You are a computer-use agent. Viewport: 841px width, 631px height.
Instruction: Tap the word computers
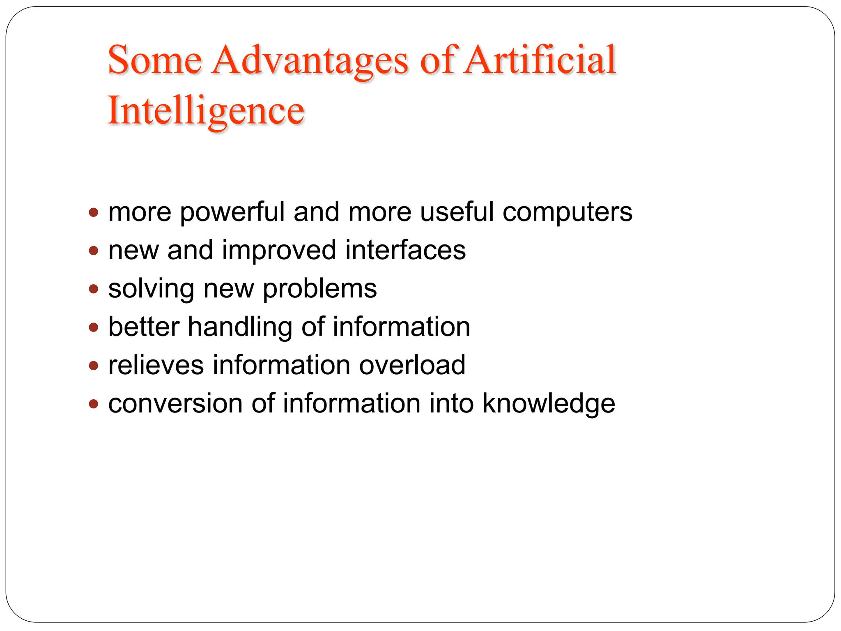[x=568, y=213]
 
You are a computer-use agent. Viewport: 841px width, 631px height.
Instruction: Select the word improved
[x=279, y=251]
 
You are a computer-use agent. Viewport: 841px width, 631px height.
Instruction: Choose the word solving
[x=151, y=289]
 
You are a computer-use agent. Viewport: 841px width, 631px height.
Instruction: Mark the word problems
[x=319, y=289]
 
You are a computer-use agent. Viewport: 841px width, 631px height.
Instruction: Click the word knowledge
[x=549, y=404]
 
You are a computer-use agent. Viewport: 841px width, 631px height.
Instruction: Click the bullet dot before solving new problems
[x=94, y=289]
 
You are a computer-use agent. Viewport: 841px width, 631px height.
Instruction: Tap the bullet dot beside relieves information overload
[x=94, y=366]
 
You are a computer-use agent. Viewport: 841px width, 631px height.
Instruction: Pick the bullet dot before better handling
[x=94, y=327]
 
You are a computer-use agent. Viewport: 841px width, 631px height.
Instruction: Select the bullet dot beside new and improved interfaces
[x=94, y=251]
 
